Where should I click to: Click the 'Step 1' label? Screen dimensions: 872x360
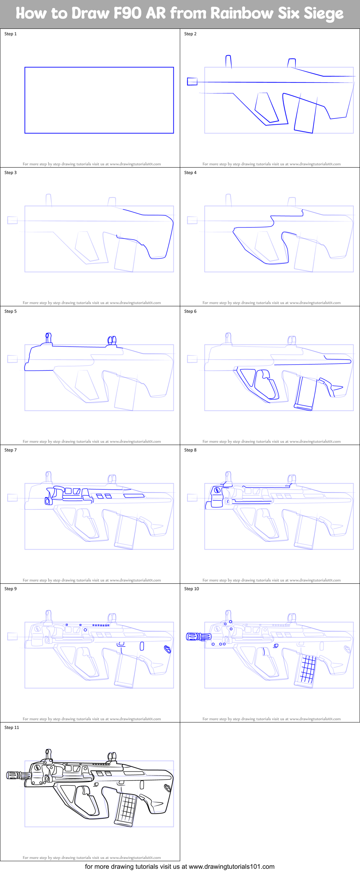pos(10,34)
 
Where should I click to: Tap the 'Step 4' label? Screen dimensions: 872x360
pos(190,173)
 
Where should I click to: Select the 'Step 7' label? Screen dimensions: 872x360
pos(10,450)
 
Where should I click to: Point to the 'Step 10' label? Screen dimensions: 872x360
pos(191,589)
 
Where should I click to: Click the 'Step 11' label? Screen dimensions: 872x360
pos(12,728)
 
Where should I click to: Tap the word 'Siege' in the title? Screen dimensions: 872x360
pos(323,14)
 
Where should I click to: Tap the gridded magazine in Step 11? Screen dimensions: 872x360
pos(126,807)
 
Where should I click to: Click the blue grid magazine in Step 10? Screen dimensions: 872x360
pos(307,668)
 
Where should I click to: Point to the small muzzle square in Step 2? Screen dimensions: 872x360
pos(192,81)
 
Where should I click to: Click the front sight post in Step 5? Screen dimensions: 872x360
pos(48,338)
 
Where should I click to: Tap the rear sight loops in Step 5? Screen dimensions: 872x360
pos(112,341)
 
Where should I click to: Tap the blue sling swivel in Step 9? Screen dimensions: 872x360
pos(167,649)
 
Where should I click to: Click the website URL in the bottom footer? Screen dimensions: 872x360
pos(231,867)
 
